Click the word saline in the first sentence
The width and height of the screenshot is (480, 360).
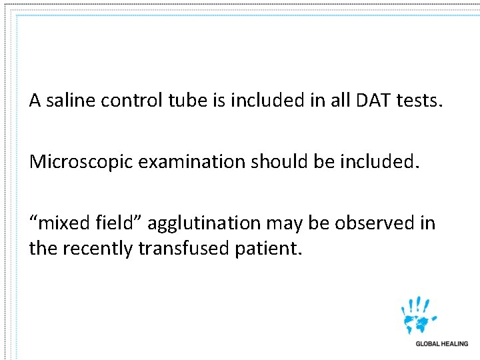(x=68, y=101)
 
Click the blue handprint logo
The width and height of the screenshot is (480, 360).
(x=418, y=315)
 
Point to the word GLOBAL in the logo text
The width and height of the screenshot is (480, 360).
(x=428, y=344)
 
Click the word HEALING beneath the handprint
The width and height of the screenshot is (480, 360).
(x=455, y=344)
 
